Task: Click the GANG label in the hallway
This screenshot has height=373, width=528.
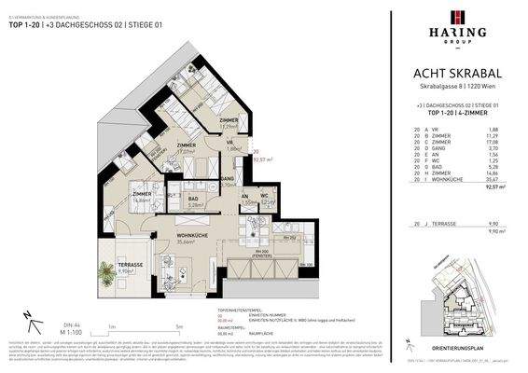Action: [x=227, y=177]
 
